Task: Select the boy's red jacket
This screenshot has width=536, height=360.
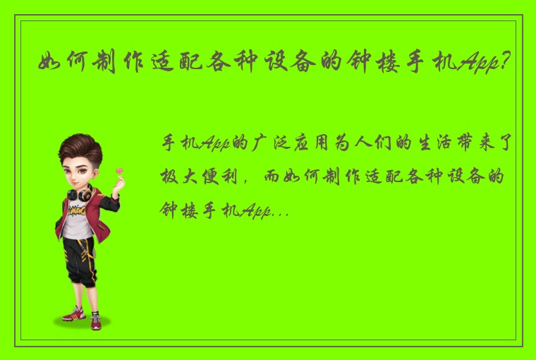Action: (x=65, y=219)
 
